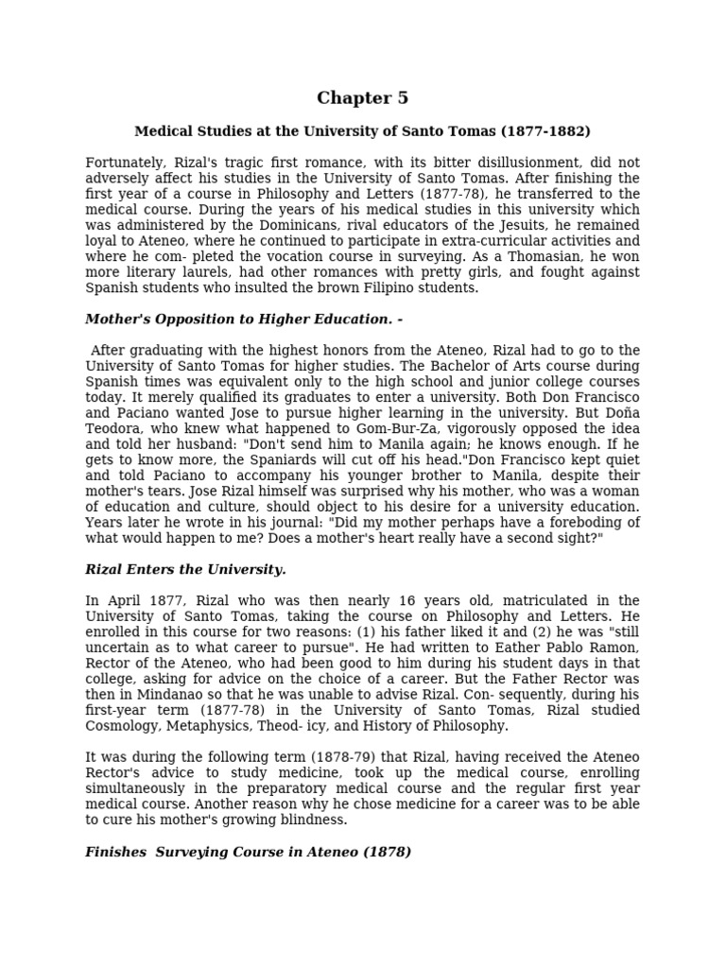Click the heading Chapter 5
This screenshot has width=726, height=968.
362,98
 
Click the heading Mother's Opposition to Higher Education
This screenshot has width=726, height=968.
244,320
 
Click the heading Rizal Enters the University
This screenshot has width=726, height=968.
185,569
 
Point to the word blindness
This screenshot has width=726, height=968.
304,820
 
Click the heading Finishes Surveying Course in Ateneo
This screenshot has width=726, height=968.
248,852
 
